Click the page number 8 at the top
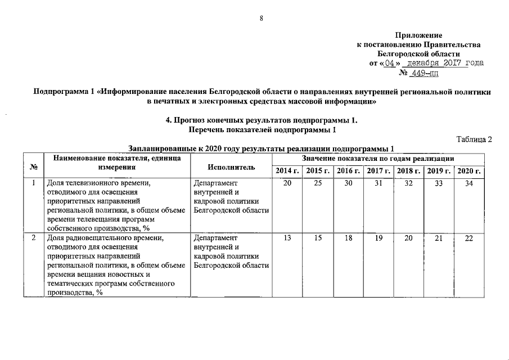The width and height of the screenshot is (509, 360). coord(261,19)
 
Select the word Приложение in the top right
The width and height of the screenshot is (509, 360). coord(418,35)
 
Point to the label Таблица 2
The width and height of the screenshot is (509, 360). coord(474,139)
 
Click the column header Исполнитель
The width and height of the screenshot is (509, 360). coord(231,167)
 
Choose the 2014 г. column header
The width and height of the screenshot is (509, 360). coord(287,171)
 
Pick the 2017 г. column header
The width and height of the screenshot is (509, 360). coord(378,171)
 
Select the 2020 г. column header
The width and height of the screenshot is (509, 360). coord(469,171)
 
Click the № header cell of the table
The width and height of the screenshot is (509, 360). coord(33,167)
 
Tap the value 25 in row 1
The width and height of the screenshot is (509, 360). coord(318,183)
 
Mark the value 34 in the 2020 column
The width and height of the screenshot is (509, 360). coord(469,183)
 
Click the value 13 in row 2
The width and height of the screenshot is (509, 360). coord(287,238)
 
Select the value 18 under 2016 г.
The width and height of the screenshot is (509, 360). coord(348,238)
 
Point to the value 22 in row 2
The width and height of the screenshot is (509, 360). coord(469,238)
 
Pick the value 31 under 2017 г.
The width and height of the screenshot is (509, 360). coord(379,183)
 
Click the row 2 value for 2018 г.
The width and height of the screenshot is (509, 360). coord(408,238)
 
